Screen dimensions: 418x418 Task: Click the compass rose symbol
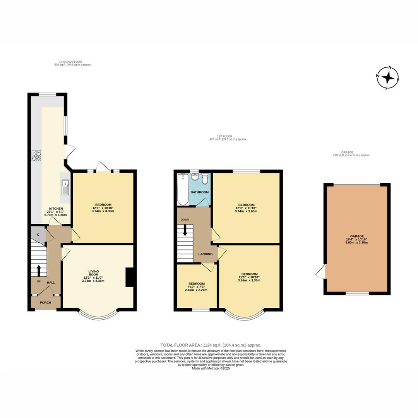(x=388, y=77)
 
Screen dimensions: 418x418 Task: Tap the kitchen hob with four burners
(x=36, y=156)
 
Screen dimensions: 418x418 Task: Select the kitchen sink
(x=65, y=187)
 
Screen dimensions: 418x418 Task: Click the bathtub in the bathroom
(x=183, y=189)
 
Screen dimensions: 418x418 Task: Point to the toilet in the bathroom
(x=205, y=178)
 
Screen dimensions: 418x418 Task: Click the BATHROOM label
(x=199, y=192)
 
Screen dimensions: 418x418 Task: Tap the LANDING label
(x=205, y=254)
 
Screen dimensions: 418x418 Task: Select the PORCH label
(x=45, y=303)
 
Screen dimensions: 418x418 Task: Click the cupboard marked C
(x=38, y=234)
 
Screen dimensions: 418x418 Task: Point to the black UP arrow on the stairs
(x=39, y=270)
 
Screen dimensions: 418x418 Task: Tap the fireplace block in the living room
(x=130, y=277)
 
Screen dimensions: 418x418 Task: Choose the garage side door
(x=321, y=271)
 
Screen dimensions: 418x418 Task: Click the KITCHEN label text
(x=56, y=209)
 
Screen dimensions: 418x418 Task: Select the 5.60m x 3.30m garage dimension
(x=357, y=243)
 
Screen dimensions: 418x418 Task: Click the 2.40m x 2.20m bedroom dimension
(x=196, y=290)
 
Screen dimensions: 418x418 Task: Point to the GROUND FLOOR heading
(x=71, y=62)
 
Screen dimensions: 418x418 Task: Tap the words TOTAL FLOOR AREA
(x=180, y=345)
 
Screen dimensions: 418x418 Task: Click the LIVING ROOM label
(x=94, y=273)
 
